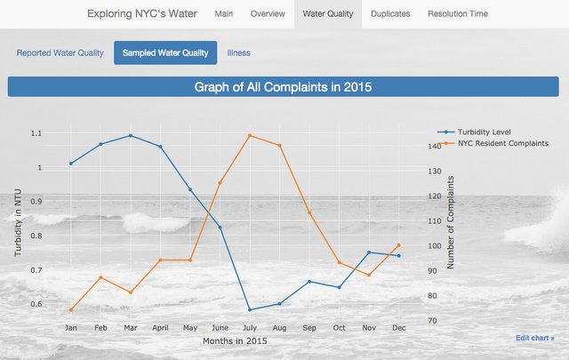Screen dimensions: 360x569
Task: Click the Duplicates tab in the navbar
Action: click(390, 14)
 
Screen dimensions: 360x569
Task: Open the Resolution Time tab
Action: click(458, 14)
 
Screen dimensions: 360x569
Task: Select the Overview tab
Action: click(268, 14)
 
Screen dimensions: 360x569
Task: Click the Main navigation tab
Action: click(224, 14)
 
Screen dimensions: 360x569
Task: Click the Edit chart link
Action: click(534, 338)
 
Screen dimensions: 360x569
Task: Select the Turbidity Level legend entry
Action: click(483, 132)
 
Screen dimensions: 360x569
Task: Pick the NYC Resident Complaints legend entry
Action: click(502, 143)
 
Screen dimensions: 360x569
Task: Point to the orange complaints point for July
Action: click(250, 135)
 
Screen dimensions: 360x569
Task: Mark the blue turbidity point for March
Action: click(131, 136)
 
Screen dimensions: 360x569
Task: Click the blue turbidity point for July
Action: click(250, 309)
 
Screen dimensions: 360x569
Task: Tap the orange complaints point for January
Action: click(71, 309)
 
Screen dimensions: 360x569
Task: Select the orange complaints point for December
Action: click(398, 245)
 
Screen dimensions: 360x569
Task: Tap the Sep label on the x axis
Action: click(309, 328)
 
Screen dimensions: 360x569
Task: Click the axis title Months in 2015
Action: click(235, 341)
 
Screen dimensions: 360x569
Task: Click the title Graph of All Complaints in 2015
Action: click(284, 87)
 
